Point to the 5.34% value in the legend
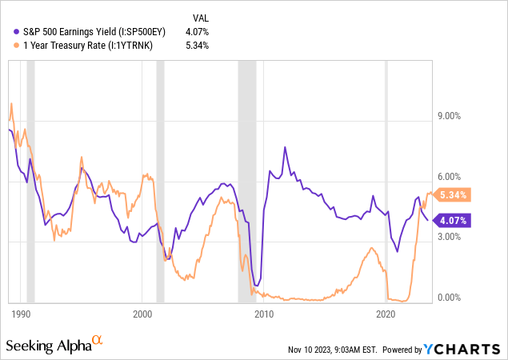pyautogui.click(x=196, y=45)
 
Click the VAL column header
pyautogui.click(x=200, y=16)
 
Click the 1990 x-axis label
pyautogui.click(x=21, y=313)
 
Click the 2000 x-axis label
pyautogui.click(x=142, y=313)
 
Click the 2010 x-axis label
pyautogui.click(x=264, y=313)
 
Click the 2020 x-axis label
pyautogui.click(x=386, y=313)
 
